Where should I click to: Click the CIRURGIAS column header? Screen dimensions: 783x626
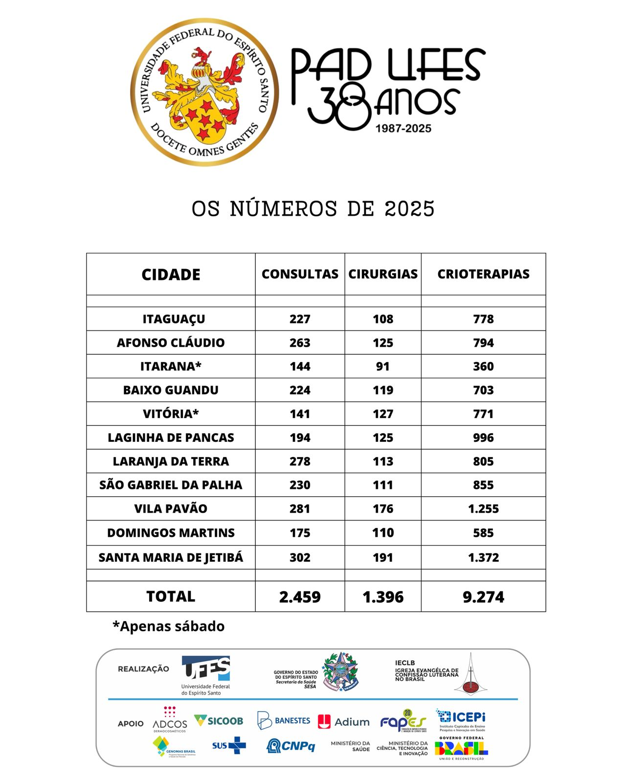[383, 274]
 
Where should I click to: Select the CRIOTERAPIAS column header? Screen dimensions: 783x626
[483, 274]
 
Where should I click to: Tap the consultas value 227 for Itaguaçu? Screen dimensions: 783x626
[300, 319]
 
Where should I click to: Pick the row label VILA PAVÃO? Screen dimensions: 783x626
[171, 509]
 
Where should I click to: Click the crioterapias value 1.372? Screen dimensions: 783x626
[483, 557]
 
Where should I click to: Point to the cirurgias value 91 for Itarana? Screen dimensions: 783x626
[383, 367]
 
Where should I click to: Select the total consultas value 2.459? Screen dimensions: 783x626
[300, 597]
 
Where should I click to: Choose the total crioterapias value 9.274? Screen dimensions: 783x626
[483, 597]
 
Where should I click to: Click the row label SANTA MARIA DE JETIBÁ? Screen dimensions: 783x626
[171, 557]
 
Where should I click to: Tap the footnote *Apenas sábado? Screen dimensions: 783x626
[169, 626]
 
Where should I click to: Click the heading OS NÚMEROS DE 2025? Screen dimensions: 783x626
[313, 209]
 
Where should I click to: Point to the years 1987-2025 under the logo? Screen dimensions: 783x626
[403, 129]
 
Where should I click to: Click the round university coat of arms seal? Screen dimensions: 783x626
[204, 92]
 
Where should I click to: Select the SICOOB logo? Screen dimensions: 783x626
[219, 721]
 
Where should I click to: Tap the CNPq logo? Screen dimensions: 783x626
[291, 746]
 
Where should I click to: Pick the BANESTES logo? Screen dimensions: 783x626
[284, 721]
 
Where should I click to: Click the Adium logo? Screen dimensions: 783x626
[344, 722]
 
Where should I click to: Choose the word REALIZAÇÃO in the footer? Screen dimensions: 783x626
[143, 669]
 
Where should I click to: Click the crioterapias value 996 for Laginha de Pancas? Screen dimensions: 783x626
[483, 438]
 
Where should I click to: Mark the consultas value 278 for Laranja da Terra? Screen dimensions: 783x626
[300, 461]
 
